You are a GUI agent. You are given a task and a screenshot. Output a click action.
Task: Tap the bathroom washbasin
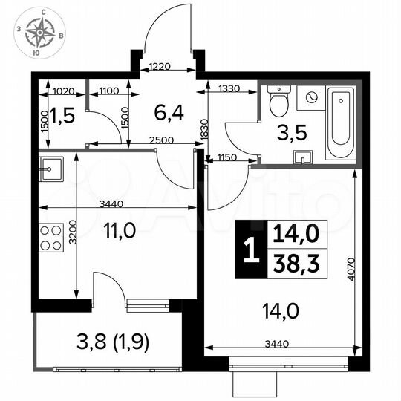pos(305,157)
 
